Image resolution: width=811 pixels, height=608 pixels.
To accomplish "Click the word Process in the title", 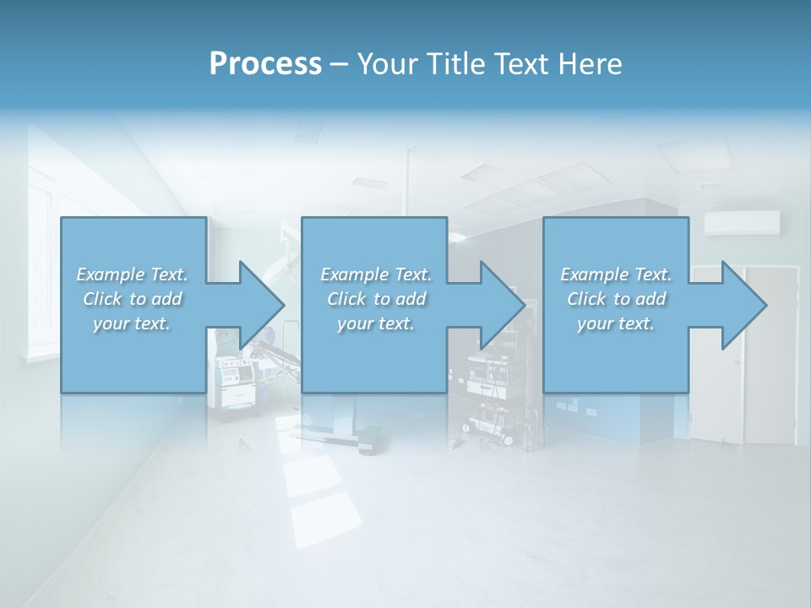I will [265, 64].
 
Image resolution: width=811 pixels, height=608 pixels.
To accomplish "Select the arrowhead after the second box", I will [501, 305].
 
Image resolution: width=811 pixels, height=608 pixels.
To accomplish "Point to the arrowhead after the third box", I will [743, 305].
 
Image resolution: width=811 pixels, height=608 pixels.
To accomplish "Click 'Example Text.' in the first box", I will [133, 274].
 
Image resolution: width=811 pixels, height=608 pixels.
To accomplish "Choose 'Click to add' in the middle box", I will [376, 299].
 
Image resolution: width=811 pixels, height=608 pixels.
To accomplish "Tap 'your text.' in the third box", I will [616, 323].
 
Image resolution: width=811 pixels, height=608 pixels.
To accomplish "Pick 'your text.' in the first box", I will [133, 323].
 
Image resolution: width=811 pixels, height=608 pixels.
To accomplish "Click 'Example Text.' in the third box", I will [616, 274].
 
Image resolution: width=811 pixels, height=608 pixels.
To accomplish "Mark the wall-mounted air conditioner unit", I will [742, 223].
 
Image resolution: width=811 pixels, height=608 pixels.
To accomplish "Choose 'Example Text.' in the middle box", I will [376, 274].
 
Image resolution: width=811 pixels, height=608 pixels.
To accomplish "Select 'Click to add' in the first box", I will [133, 299].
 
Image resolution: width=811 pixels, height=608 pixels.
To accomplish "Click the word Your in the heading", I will [388, 64].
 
